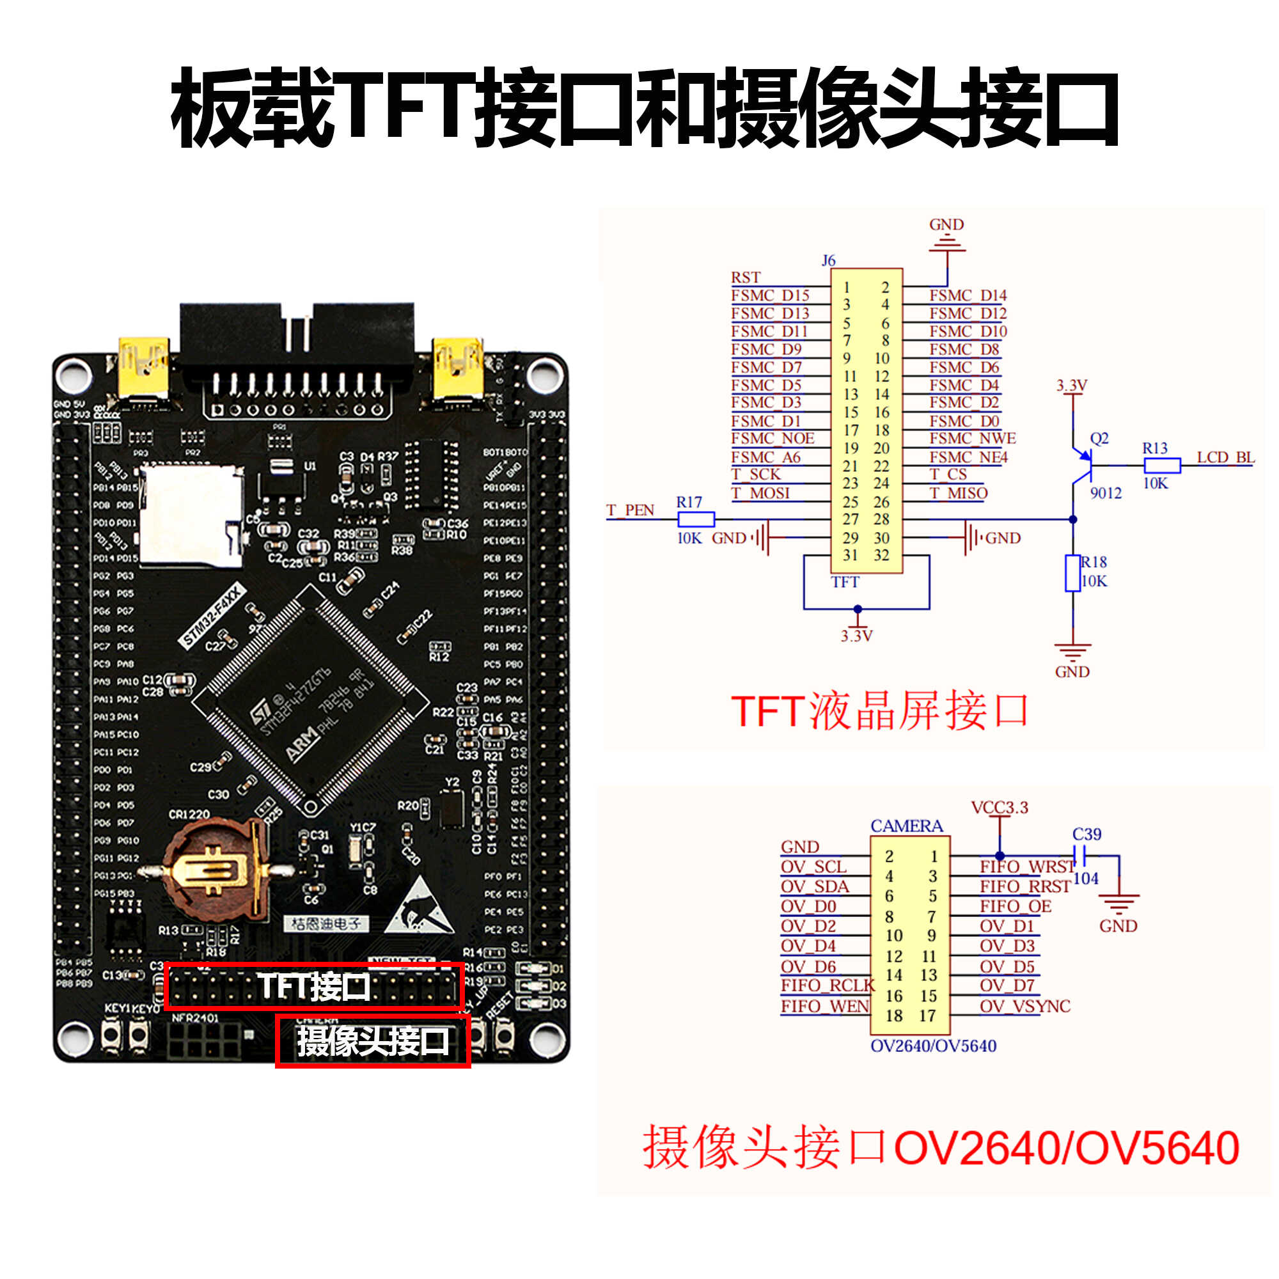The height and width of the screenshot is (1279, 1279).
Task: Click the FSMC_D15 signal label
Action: [769, 295]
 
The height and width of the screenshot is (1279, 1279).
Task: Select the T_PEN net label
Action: [629, 510]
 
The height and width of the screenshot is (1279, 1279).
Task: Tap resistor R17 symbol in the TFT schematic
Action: [695, 519]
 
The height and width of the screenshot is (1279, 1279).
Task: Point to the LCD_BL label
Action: [1225, 457]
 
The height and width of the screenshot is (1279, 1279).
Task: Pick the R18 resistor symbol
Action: [1072, 573]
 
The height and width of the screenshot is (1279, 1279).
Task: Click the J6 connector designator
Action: [828, 260]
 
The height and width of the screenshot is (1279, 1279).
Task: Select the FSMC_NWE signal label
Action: [972, 438]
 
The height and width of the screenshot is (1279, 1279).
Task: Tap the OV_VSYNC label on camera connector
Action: [1024, 1006]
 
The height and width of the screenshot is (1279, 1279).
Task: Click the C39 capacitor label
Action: [1087, 834]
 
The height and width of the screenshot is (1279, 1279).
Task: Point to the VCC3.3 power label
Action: [999, 808]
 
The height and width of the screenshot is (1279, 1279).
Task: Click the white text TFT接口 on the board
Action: [313, 986]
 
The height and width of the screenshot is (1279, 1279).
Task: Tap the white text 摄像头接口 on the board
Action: [373, 1041]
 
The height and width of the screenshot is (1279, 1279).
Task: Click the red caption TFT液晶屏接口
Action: [879, 712]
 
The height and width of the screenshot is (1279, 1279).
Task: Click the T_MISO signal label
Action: [958, 493]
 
